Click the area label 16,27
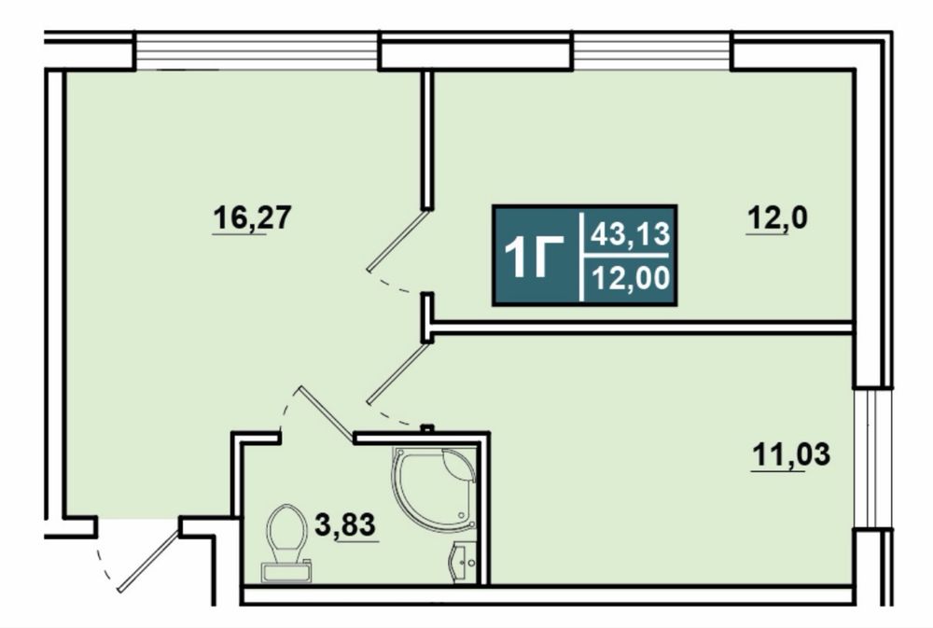point(252,217)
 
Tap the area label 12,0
point(777,218)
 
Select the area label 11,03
point(791,454)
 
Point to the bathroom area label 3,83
point(346,525)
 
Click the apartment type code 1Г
point(534,256)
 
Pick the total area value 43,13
point(630,234)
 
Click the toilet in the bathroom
point(286,543)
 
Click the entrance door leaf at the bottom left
point(148,560)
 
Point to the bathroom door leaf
point(326,414)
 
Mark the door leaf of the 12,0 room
point(397,240)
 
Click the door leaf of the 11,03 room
point(397,374)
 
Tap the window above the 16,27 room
point(257,51)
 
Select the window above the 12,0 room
point(651,51)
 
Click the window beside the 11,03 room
point(873,458)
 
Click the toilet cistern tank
point(285,573)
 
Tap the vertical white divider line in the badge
point(581,256)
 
